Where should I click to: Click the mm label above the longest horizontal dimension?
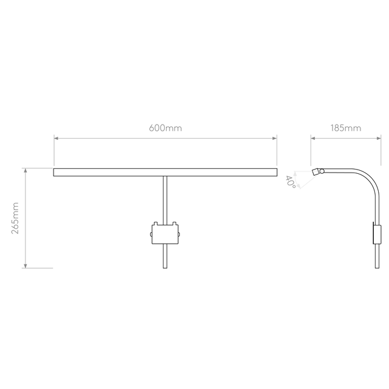[x=165, y=128]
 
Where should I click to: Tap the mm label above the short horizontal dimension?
[x=345, y=128]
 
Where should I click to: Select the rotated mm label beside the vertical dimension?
[x=16, y=218]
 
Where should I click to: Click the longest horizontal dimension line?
[x=165, y=139]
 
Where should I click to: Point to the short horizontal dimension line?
[x=345, y=139]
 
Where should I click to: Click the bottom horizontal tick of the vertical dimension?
[x=38, y=267]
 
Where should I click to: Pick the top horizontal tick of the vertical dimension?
[x=38, y=168]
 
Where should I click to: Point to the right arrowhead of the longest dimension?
[x=273, y=139]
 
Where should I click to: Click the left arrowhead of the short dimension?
[x=314, y=139]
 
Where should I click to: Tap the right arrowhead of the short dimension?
[x=376, y=139]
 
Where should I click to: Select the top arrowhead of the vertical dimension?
[x=25, y=172]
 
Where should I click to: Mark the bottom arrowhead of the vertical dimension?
[x=25, y=263]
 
